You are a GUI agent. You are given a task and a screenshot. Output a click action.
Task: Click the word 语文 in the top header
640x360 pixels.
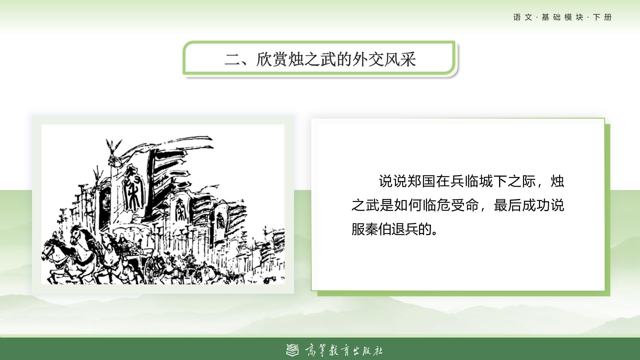[523, 17]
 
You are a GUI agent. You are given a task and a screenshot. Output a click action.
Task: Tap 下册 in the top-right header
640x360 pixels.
[602, 17]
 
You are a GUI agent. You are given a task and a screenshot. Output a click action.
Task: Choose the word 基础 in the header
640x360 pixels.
[551, 17]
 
